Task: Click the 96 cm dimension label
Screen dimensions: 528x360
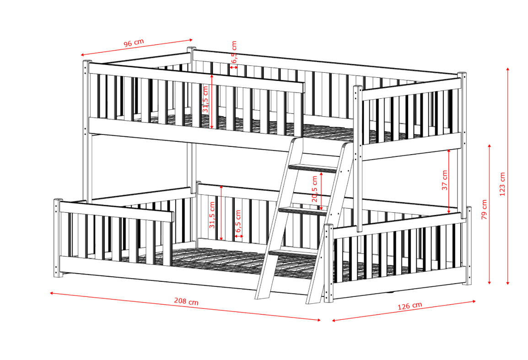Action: [134, 43]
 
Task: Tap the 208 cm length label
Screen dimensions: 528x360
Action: [186, 301]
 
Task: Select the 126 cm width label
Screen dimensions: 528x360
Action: [410, 306]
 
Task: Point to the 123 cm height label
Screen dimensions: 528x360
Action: [502, 184]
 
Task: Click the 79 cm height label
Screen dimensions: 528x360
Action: [484, 210]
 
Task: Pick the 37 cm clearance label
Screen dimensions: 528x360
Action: [444, 180]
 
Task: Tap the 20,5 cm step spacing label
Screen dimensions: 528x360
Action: [314, 189]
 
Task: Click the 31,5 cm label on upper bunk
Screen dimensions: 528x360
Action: [205, 99]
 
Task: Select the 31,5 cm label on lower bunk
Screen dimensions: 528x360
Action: [212, 215]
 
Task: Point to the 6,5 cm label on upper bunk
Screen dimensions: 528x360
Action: [234, 52]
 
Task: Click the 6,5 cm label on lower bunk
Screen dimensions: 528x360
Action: [238, 221]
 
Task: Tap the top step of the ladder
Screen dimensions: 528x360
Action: [312, 168]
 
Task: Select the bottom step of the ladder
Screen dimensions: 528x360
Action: [292, 253]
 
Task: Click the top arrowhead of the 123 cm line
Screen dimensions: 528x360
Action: [508, 69]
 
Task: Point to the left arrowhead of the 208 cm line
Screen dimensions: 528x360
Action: [52, 293]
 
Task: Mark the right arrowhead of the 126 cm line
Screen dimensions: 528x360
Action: [474, 301]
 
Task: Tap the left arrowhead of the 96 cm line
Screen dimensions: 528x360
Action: [83, 55]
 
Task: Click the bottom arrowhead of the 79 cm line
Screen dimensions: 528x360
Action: [489, 282]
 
